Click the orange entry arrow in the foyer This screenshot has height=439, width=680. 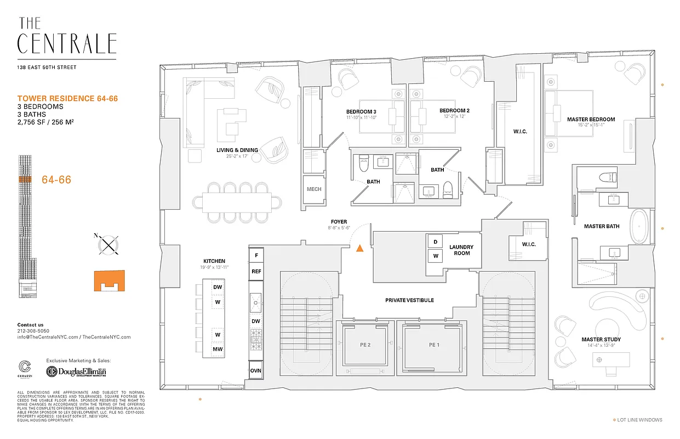click(x=359, y=248)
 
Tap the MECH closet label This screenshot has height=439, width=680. click(x=314, y=189)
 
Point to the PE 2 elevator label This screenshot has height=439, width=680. click(x=365, y=345)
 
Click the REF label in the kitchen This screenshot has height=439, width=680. click(x=256, y=272)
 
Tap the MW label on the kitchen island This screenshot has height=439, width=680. click(x=218, y=349)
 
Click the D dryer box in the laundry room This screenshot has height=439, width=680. click(x=436, y=242)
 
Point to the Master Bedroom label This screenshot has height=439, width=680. click(x=591, y=119)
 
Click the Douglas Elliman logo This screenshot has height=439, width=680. click(x=76, y=372)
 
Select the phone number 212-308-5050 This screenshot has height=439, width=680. click(x=33, y=331)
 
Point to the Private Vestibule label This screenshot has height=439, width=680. click(x=409, y=300)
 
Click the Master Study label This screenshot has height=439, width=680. click(x=601, y=340)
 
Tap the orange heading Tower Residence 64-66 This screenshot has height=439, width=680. click(x=68, y=98)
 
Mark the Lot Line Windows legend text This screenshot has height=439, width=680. click(x=639, y=420)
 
